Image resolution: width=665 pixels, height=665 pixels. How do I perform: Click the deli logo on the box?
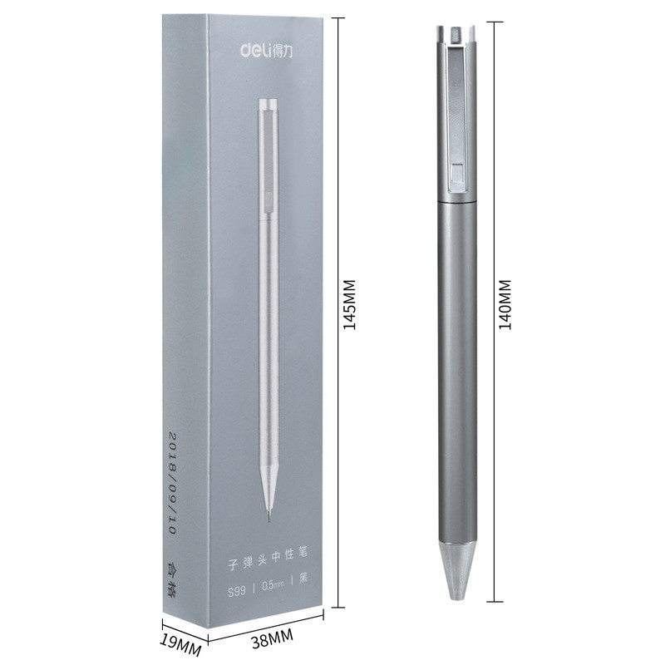(265, 52)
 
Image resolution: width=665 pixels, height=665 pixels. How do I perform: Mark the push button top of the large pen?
(456, 32)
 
